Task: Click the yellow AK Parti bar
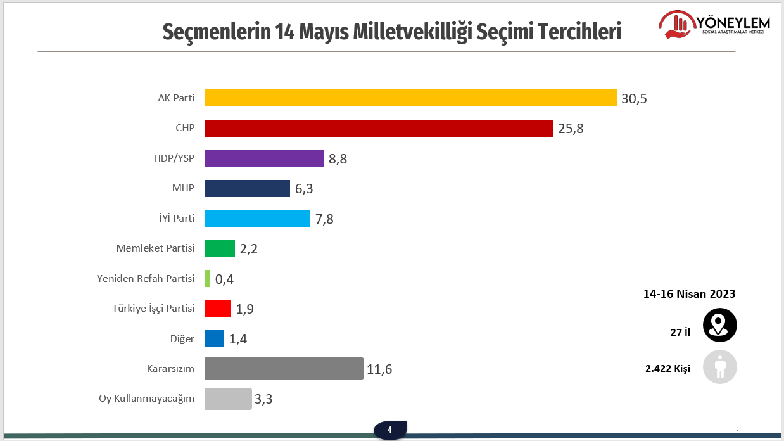click(x=410, y=98)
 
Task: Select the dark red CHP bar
click(x=379, y=128)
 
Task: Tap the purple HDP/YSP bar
click(x=265, y=158)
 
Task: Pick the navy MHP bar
click(x=248, y=188)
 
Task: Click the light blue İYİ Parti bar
click(x=258, y=219)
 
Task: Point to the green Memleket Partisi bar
click(x=220, y=248)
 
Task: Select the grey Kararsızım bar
click(x=284, y=369)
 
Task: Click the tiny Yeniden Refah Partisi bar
click(x=208, y=279)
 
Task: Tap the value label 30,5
click(x=634, y=99)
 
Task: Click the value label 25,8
click(x=571, y=129)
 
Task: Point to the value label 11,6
click(x=379, y=369)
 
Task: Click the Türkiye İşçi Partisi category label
click(x=153, y=309)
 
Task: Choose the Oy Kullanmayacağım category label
click(x=146, y=399)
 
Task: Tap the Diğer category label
click(x=182, y=339)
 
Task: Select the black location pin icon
click(x=720, y=325)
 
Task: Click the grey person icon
click(x=720, y=367)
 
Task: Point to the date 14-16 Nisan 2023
click(x=689, y=294)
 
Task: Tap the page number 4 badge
click(x=389, y=430)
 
